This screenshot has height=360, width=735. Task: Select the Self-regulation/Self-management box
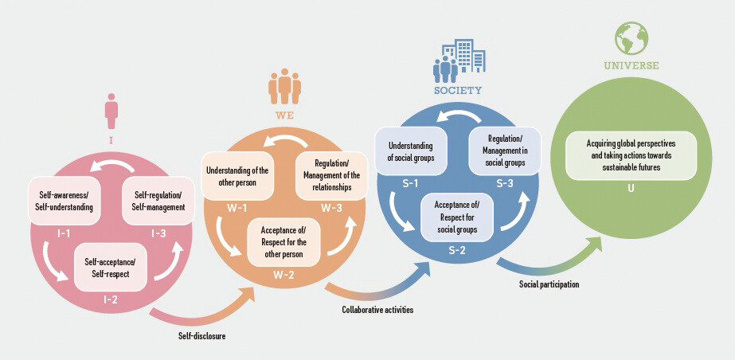click(x=158, y=201)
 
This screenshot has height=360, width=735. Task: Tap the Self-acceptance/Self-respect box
click(x=111, y=267)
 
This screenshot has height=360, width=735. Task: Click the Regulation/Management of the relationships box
click(x=331, y=176)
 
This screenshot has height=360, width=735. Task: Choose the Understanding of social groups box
click(x=411, y=151)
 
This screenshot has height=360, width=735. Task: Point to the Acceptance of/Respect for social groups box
click(x=457, y=217)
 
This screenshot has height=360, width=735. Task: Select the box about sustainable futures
click(x=631, y=155)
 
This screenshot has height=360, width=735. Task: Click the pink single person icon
click(x=111, y=111)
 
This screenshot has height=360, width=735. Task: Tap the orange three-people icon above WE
click(x=284, y=87)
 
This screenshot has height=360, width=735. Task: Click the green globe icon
click(x=631, y=38)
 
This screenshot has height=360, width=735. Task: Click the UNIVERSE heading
click(x=631, y=66)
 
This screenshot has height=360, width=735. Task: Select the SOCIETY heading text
click(x=458, y=91)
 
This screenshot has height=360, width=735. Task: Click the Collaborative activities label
click(x=377, y=310)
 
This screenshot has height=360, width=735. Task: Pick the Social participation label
click(x=549, y=284)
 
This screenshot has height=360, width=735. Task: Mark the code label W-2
click(x=284, y=275)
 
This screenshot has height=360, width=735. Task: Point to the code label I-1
click(x=64, y=232)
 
